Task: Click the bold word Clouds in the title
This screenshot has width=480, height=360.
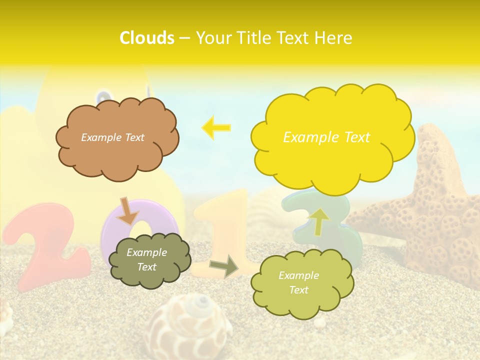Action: click(147, 38)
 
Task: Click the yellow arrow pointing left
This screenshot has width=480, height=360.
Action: click(216, 127)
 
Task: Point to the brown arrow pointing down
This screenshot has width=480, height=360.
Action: click(128, 210)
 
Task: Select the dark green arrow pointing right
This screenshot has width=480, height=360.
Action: click(224, 266)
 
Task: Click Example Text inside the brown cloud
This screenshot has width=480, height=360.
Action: click(112, 137)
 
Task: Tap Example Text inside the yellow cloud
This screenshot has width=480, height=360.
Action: click(326, 137)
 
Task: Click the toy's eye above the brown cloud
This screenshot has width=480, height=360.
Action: click(103, 96)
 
